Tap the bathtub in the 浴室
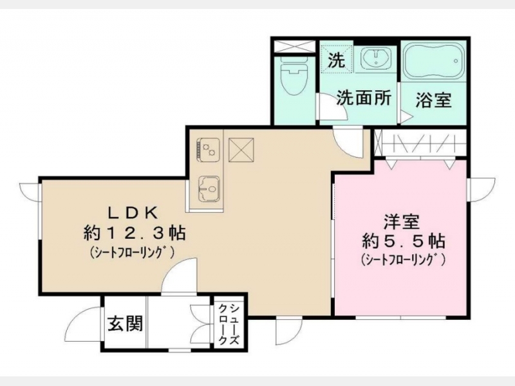[x=433, y=62]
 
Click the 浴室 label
[x=433, y=100]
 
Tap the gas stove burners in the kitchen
[x=208, y=150]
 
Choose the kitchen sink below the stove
[x=209, y=189]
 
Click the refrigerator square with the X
[x=241, y=150]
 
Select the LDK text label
[x=133, y=214]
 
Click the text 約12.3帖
[x=135, y=233]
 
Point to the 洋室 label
[x=402, y=223]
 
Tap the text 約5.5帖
[x=403, y=242]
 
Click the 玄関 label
[x=126, y=324]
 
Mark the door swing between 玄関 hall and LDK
[x=179, y=275]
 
